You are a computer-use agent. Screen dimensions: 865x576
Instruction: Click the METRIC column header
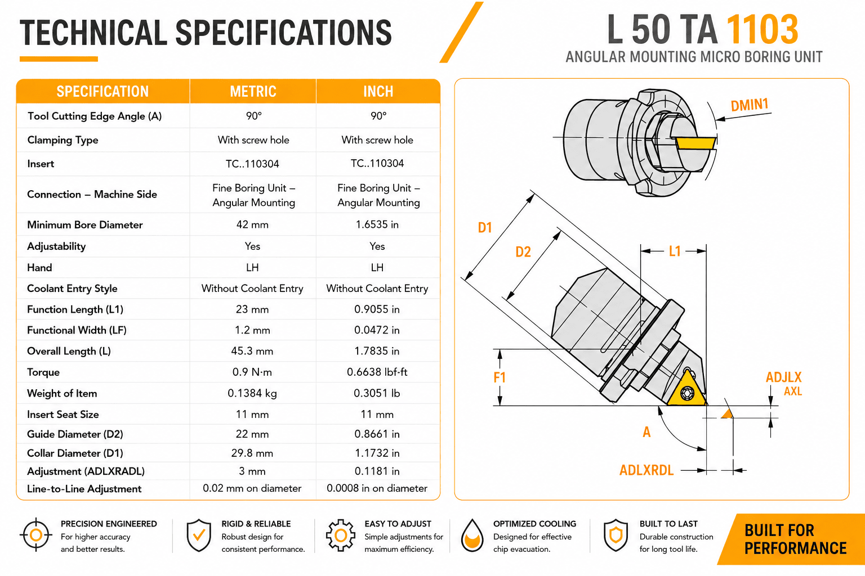[253, 92]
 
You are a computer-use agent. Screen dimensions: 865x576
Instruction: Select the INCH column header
[378, 92]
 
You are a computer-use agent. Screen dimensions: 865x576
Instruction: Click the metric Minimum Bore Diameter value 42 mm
[252, 224]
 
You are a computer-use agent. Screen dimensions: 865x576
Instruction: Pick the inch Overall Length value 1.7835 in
[377, 351]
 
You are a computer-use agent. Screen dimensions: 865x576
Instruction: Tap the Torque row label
[43, 372]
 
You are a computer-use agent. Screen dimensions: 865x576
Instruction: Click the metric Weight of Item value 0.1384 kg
[252, 393]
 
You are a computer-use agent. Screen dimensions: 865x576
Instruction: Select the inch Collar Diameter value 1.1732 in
[377, 453]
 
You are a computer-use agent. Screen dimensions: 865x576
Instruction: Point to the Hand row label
[39, 268]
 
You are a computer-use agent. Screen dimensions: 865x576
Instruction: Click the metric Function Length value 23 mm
[252, 309]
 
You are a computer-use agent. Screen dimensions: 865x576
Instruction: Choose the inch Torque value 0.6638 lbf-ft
[377, 372]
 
